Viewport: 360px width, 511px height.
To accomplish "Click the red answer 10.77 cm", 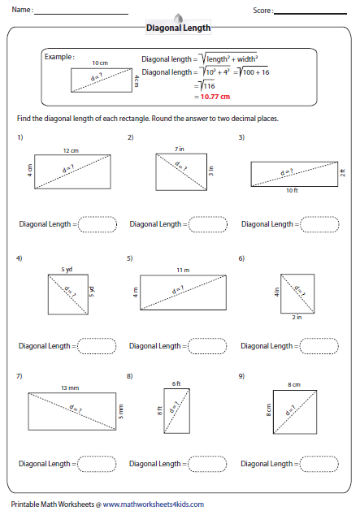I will [x=213, y=96].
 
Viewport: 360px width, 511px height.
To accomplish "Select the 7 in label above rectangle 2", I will [x=180, y=149].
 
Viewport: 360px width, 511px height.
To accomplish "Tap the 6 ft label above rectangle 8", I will [x=176, y=383].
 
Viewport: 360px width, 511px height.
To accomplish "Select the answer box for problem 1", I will [x=98, y=223].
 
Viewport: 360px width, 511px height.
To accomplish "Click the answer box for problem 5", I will [x=209, y=346].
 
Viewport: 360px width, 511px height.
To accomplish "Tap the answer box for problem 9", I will [x=320, y=464].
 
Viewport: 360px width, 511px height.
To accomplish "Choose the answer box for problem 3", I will [x=320, y=223].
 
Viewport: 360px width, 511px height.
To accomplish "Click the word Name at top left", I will [x=23, y=11].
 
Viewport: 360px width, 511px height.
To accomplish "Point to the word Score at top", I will [x=262, y=11].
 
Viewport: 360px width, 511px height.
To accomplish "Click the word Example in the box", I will [x=59, y=58].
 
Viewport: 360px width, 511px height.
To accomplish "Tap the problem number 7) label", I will [x=20, y=377].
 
